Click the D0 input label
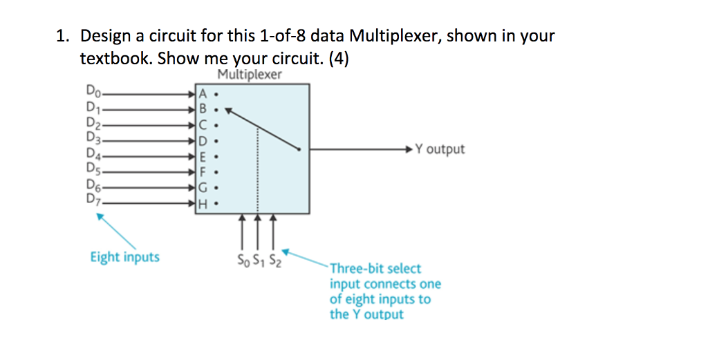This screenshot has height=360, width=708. [93, 90]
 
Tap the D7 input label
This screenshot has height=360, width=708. [93, 201]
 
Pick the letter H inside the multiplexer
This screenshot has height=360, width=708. [203, 205]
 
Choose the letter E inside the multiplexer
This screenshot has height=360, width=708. [203, 157]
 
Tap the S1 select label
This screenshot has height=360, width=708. [259, 260]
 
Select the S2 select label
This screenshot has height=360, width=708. [274, 260]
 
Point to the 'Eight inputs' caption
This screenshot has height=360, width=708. [124, 257]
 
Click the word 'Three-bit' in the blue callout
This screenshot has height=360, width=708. [354, 268]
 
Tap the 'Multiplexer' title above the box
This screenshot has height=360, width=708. [250, 75]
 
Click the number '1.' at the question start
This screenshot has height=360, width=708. [62, 36]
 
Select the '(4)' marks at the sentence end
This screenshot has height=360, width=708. [339, 59]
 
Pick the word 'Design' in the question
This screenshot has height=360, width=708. [108, 36]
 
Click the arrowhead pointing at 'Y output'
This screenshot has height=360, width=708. [413, 149]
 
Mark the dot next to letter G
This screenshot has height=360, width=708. [217, 189]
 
